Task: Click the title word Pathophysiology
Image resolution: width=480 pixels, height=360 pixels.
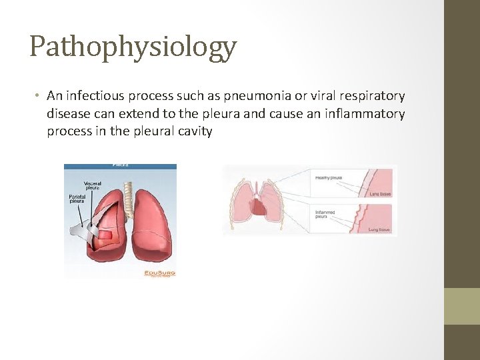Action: tap(133, 47)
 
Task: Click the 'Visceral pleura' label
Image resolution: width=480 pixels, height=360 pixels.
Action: tap(93, 185)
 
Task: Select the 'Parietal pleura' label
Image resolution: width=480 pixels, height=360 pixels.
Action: tap(78, 199)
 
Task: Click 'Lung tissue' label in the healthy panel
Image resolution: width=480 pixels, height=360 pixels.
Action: tap(380, 195)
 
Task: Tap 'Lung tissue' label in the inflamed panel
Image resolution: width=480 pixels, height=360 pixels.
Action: tap(380, 229)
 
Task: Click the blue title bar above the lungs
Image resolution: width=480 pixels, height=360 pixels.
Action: tap(120, 166)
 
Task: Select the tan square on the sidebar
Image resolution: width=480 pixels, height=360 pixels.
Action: tap(461, 306)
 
